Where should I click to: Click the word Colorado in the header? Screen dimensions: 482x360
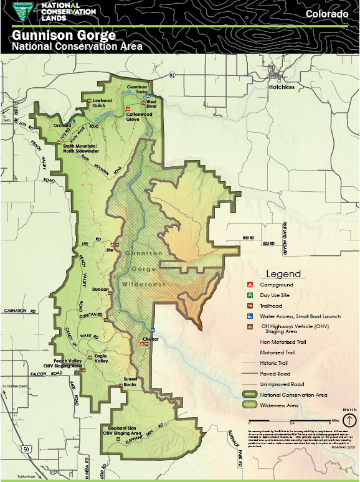pos(326,14)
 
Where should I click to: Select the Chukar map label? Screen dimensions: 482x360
pos(151,339)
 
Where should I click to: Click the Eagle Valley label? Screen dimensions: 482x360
pos(101,359)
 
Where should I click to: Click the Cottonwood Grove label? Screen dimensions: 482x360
pos(139,116)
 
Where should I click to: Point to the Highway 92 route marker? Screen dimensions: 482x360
pos(171,75)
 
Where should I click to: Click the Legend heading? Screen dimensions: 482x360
pos(283,273)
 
